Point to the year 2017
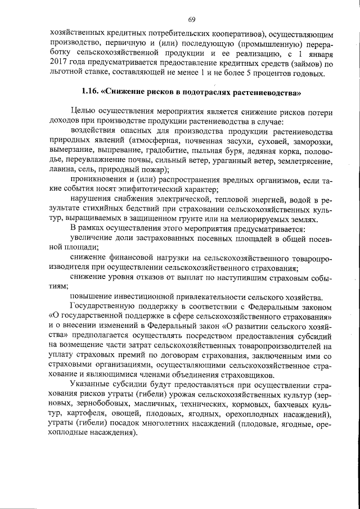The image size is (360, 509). tap(60, 63)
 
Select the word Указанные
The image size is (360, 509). tap(91, 386)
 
